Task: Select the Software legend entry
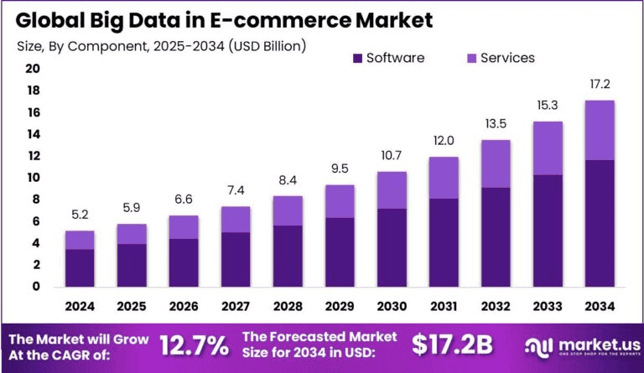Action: pyautogui.click(x=387, y=58)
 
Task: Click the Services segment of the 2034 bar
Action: pyautogui.click(x=599, y=130)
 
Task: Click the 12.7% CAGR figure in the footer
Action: pyautogui.click(x=195, y=345)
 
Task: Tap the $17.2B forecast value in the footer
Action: pyautogui.click(x=453, y=345)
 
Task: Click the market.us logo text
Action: pyautogui.click(x=587, y=343)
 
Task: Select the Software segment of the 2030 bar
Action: pyautogui.click(x=392, y=247)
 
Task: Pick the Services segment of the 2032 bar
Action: pyautogui.click(x=496, y=163)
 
